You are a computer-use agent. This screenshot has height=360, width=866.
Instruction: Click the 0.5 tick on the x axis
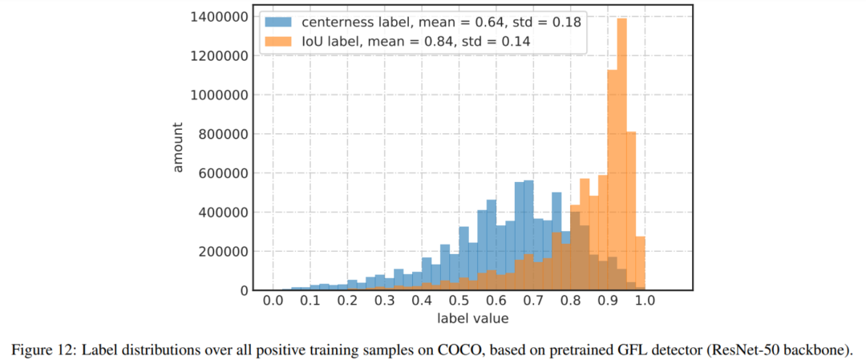459,301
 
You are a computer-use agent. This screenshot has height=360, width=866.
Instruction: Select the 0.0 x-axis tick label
273,301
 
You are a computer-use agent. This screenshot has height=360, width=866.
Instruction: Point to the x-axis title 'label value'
472,319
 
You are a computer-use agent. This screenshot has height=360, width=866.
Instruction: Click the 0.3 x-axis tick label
384,301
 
